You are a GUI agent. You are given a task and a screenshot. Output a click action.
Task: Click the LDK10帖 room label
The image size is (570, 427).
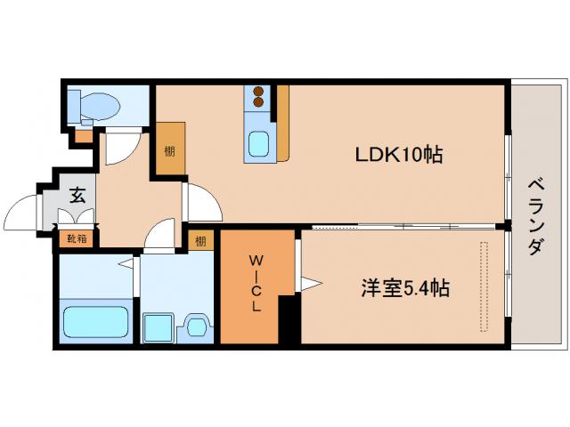[x=400, y=155]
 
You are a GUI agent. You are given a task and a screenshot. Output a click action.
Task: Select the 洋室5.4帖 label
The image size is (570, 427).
[x=404, y=288]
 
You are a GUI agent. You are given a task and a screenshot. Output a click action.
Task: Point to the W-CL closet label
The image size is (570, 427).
[x=256, y=285]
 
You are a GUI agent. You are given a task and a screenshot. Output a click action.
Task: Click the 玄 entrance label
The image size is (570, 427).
[x=77, y=196]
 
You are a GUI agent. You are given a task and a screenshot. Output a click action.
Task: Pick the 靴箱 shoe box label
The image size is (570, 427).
[x=77, y=238]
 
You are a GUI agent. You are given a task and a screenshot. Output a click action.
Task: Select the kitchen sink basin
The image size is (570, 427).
[x=260, y=143]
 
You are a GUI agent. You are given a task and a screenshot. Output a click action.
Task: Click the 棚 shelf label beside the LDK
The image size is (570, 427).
[x=169, y=150]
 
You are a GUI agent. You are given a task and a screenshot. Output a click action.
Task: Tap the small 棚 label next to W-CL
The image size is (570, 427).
[x=201, y=240]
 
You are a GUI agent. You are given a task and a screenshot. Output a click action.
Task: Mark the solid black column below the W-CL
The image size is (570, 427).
[x=288, y=320]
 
